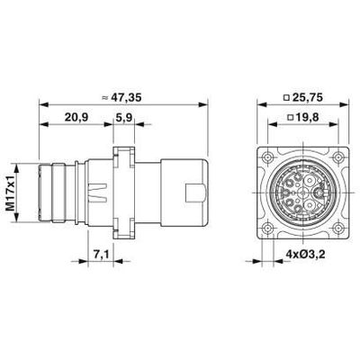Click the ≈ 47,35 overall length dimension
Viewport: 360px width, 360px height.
(121, 98)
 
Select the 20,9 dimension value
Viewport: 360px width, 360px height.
(76, 117)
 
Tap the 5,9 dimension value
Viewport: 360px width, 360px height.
(123, 117)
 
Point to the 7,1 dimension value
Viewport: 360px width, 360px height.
(101, 255)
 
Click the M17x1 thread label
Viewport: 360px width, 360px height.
(12, 193)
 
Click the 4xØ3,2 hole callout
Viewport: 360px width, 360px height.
(305, 255)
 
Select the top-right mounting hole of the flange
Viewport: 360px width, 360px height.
(338, 157)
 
